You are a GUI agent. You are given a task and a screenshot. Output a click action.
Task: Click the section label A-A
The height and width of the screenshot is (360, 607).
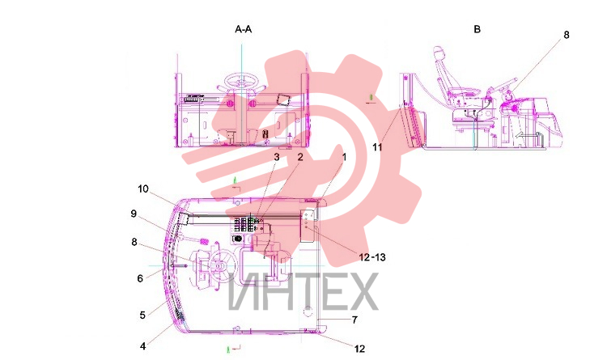[x=243, y=29]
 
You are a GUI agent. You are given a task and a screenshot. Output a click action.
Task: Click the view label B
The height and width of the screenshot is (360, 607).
[x=477, y=29]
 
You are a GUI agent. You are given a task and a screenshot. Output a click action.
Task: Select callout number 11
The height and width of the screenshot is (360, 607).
[x=377, y=147]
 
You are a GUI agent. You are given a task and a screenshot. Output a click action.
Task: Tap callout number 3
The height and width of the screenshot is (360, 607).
[x=277, y=157]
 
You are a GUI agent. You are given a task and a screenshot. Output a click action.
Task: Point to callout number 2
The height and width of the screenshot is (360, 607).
[x=300, y=157]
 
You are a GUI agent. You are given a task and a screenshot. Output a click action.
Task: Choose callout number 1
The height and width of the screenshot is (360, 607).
[x=344, y=157]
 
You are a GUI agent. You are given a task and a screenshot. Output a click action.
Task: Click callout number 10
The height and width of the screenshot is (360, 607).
[x=143, y=189]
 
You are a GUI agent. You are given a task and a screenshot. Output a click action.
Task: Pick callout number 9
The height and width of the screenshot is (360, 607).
[x=134, y=214]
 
